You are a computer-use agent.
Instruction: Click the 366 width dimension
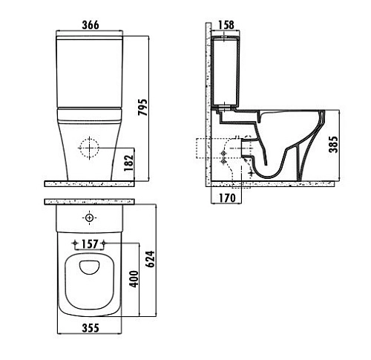click(91, 25)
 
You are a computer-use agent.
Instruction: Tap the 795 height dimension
click(142, 107)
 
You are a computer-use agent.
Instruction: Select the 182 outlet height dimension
click(128, 163)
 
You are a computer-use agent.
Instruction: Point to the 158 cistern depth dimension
click(226, 24)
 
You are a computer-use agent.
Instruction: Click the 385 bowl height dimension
click(333, 144)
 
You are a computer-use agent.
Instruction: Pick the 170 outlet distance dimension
click(227, 197)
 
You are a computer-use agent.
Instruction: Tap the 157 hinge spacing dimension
click(89, 244)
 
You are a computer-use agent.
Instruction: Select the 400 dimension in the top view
click(134, 279)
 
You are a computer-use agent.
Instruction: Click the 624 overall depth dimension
click(150, 259)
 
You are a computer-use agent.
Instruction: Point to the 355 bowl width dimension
click(91, 328)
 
